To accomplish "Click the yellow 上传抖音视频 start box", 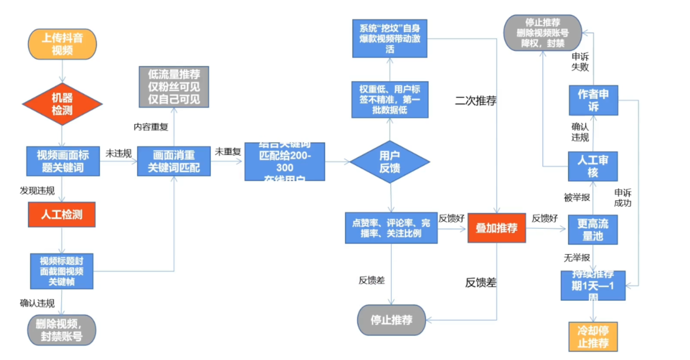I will point(62,44).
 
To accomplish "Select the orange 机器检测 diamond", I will point(62,104).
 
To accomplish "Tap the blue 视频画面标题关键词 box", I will point(63,161).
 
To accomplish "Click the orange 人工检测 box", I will point(62,214).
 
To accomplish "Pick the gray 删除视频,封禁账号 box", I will point(62,330).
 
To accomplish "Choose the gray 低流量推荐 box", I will point(174,86).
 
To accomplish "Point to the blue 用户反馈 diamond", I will point(390,161).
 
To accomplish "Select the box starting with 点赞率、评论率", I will point(391,228).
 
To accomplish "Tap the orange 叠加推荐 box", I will point(496,228).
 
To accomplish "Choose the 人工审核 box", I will point(593,166).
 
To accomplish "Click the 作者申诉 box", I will point(593,100).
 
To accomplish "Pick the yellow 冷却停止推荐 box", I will point(593,336).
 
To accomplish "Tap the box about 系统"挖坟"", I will point(390,38).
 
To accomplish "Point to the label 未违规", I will point(119,153).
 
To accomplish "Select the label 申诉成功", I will point(623,198).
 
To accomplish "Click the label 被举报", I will point(577,198).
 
